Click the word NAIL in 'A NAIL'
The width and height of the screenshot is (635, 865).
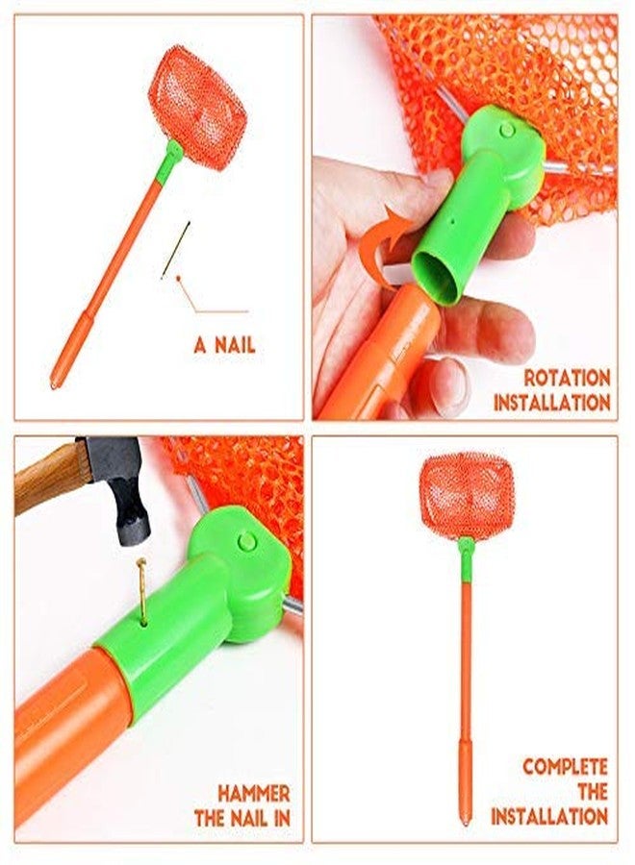coord(235,346)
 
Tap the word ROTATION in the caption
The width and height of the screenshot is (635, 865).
coord(567,379)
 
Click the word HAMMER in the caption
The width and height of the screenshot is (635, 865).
coord(254,794)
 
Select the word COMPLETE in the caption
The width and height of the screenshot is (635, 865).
coord(565,767)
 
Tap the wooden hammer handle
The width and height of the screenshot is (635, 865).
coord(51,477)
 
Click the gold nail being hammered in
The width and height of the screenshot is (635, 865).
coord(141,590)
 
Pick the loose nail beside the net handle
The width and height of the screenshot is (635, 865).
coord(176,250)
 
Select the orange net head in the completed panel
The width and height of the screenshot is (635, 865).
coord(468,492)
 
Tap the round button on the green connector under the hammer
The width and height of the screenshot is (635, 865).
coord(247,541)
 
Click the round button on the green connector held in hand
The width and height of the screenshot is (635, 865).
coord(507,131)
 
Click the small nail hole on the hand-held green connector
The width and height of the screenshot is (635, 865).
coord(452,221)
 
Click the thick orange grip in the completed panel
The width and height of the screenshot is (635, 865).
coord(466,781)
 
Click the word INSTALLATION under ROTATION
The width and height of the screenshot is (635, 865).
coord(552,403)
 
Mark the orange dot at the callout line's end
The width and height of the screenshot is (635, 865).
coord(179,278)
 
